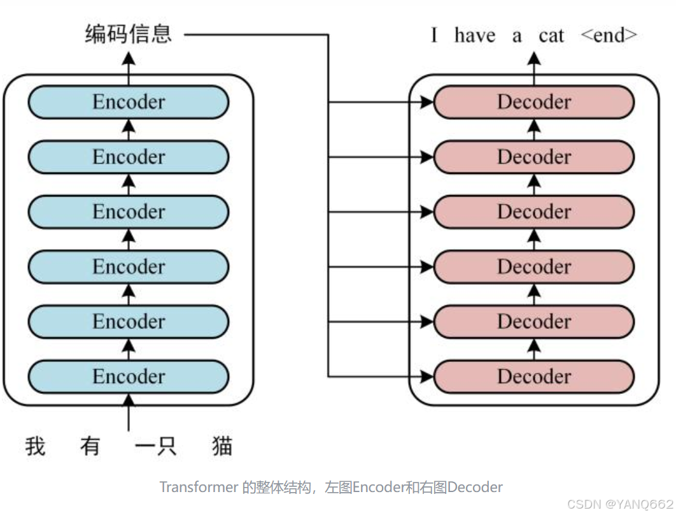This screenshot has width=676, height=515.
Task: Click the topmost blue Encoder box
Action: coord(129,102)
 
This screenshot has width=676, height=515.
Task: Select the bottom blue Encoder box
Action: coord(129,376)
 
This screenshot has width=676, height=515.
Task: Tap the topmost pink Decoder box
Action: coord(534,102)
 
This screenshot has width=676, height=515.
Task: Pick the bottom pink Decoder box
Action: coord(534,376)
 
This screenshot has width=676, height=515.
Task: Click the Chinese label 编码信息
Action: coord(129,34)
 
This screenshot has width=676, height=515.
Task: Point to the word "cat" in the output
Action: coord(551,36)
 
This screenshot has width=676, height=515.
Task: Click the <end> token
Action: coord(609,36)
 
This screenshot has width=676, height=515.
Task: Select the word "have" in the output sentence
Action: coord(475,36)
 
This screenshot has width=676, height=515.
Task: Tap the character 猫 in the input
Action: coord(222,446)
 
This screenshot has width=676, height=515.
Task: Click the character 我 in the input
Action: coord(36,446)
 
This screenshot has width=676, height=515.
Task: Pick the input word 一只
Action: coord(155,446)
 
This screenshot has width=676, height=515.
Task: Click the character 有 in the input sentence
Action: coord(90,446)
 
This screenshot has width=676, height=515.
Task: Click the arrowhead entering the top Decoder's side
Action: coord(427,102)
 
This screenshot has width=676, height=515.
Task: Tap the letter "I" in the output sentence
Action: coord(434,36)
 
